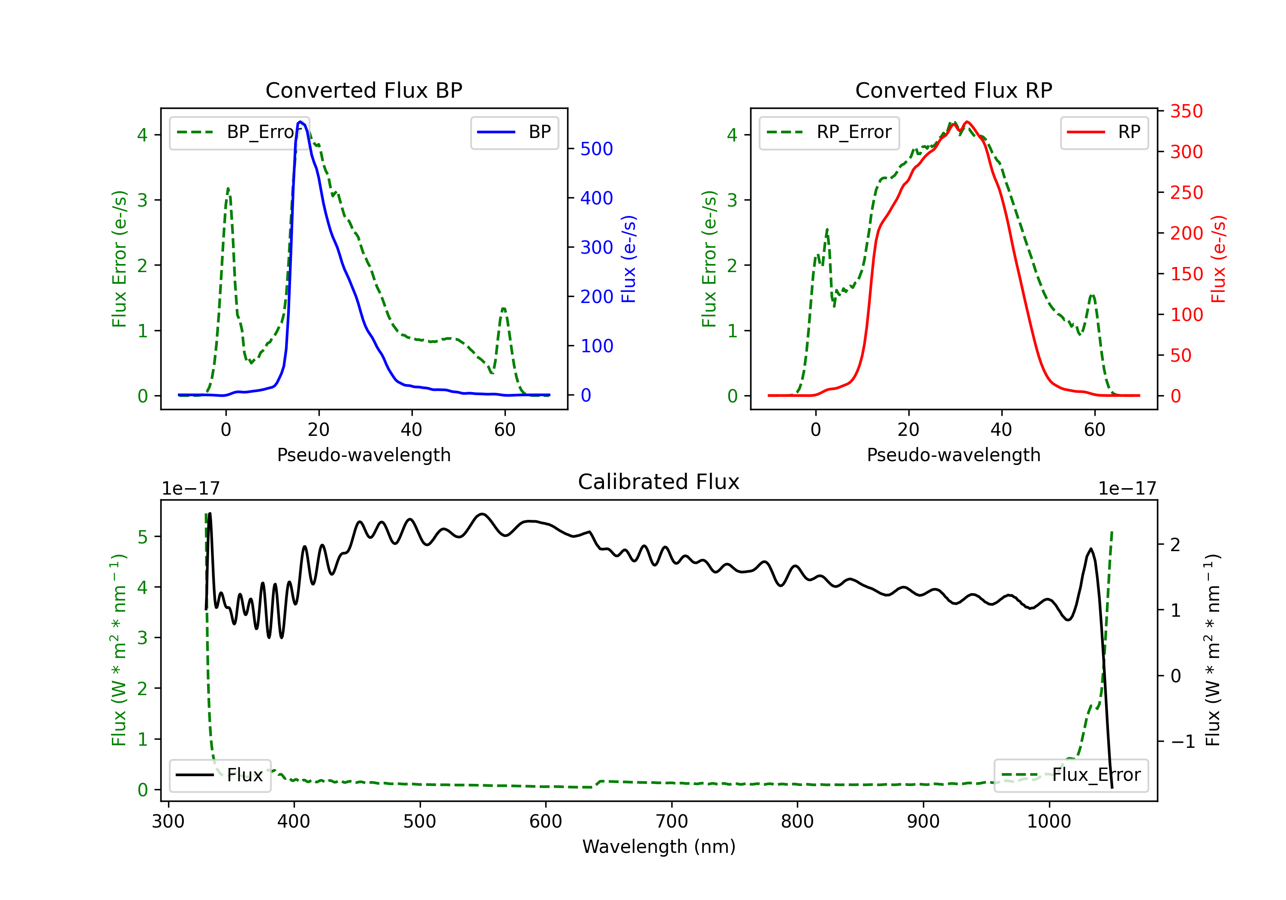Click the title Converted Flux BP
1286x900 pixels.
tap(364, 90)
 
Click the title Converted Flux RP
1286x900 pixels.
tap(954, 90)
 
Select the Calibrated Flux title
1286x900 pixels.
tap(659, 482)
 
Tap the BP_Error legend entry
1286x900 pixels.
tap(239, 132)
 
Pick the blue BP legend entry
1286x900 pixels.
tap(514, 132)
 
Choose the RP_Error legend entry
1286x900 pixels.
tap(829, 132)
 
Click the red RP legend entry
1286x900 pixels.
tap(1104, 132)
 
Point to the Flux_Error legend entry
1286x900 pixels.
tap(1070, 775)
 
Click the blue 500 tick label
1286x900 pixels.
tap(597, 149)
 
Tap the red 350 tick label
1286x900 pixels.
tap(1186, 111)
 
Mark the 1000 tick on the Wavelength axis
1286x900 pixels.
tap(1049, 822)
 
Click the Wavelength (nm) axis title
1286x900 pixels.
tap(659, 847)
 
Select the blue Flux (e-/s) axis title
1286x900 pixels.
tap(629, 259)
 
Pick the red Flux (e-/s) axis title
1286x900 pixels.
tap(1219, 259)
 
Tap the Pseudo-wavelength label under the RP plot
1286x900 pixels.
tap(954, 455)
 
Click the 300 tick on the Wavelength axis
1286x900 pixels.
tap(168, 822)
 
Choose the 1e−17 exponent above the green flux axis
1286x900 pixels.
tap(191, 489)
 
